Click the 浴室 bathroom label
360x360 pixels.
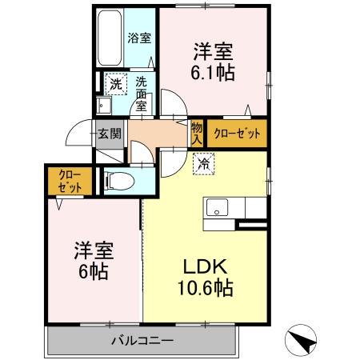[140, 38]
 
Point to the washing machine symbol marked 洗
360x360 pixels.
[115, 83]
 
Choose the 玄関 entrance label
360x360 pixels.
[109, 134]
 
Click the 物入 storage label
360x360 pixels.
[197, 132]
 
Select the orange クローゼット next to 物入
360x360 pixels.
[235, 134]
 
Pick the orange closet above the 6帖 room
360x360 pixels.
[62, 180]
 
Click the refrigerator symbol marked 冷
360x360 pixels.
[203, 165]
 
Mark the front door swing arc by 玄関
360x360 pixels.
[78, 134]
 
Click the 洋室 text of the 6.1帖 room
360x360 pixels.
[212, 51]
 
